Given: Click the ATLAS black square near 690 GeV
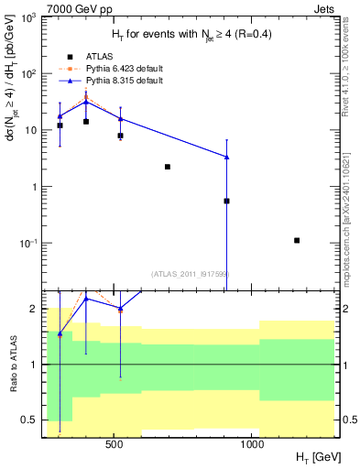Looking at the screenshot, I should pos(168,167).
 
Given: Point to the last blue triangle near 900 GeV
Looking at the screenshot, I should pos(226,157).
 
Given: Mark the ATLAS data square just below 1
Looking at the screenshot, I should pos(226,201).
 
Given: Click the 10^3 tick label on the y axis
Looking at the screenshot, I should pos(29,17).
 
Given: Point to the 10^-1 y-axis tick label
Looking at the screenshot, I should pos(29,244).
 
